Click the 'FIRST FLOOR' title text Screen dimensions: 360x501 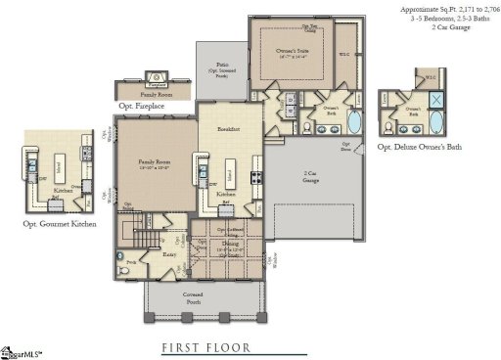206,346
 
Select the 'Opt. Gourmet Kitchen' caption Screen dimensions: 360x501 59,223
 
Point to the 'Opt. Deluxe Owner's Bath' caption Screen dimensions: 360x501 420,146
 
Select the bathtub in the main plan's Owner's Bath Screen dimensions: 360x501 353,123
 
